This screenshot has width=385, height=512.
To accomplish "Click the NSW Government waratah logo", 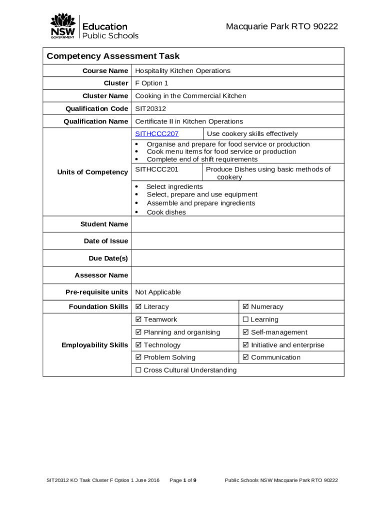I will [x=62, y=26].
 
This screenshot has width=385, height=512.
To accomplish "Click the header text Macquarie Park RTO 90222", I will [x=281, y=26].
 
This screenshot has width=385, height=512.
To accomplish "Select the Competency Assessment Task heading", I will [x=113, y=56].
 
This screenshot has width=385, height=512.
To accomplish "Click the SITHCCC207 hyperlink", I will [x=157, y=133].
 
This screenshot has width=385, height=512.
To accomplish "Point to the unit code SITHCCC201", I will [x=157, y=169].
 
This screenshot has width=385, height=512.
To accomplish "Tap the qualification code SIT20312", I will [x=150, y=108].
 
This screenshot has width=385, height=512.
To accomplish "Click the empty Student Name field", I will [x=237, y=224].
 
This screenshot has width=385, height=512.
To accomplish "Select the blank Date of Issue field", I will [x=237, y=241].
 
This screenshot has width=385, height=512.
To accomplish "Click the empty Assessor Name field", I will [x=237, y=275].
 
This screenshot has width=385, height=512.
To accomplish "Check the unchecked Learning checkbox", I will [x=245, y=319].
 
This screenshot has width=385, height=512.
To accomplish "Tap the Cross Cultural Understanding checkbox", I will [x=138, y=370].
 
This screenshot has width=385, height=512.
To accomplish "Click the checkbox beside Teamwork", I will [x=138, y=319].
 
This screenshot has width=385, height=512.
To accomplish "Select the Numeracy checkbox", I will [x=245, y=306].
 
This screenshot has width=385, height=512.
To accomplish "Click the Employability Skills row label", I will [x=94, y=345].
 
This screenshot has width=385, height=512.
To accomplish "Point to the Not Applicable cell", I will [x=158, y=292].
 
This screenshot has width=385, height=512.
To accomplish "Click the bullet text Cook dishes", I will [x=166, y=212].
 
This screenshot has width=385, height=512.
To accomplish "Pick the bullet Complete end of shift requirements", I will [x=202, y=159].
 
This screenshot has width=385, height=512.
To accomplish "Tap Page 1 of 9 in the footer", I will [x=183, y=480].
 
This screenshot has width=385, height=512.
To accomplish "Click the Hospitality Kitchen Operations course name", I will [x=182, y=70].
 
